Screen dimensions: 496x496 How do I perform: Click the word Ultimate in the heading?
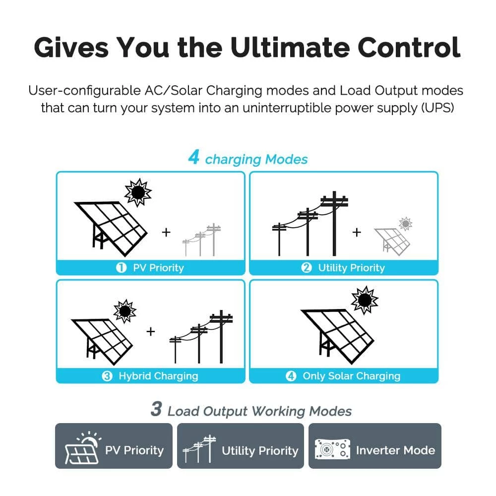click(x=290, y=48)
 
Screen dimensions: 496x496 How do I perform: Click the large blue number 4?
click(x=193, y=157)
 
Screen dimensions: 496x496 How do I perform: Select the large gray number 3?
click(x=156, y=409)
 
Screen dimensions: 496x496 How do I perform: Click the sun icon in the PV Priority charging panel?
click(x=138, y=192)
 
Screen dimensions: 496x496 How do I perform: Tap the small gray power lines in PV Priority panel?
click(x=201, y=240)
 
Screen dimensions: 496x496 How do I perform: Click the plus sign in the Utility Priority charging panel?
click(x=357, y=232)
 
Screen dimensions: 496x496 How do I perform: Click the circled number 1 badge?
click(x=121, y=268)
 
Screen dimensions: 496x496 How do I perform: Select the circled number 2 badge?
click(x=306, y=268)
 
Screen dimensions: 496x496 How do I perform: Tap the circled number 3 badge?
click(x=107, y=376)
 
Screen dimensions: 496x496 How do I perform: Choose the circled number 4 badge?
click(x=291, y=376)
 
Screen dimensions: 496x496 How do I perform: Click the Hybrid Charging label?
click(x=159, y=376)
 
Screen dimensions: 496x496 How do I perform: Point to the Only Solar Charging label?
click(x=352, y=376)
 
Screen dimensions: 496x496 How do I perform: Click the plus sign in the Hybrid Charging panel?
click(x=151, y=331)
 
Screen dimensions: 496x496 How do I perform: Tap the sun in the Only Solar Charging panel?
click(x=365, y=300)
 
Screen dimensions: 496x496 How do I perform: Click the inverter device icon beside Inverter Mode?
click(x=332, y=449)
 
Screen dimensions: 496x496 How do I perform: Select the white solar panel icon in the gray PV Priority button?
click(x=83, y=447)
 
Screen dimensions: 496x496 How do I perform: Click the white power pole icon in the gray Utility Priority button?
click(x=199, y=449)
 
